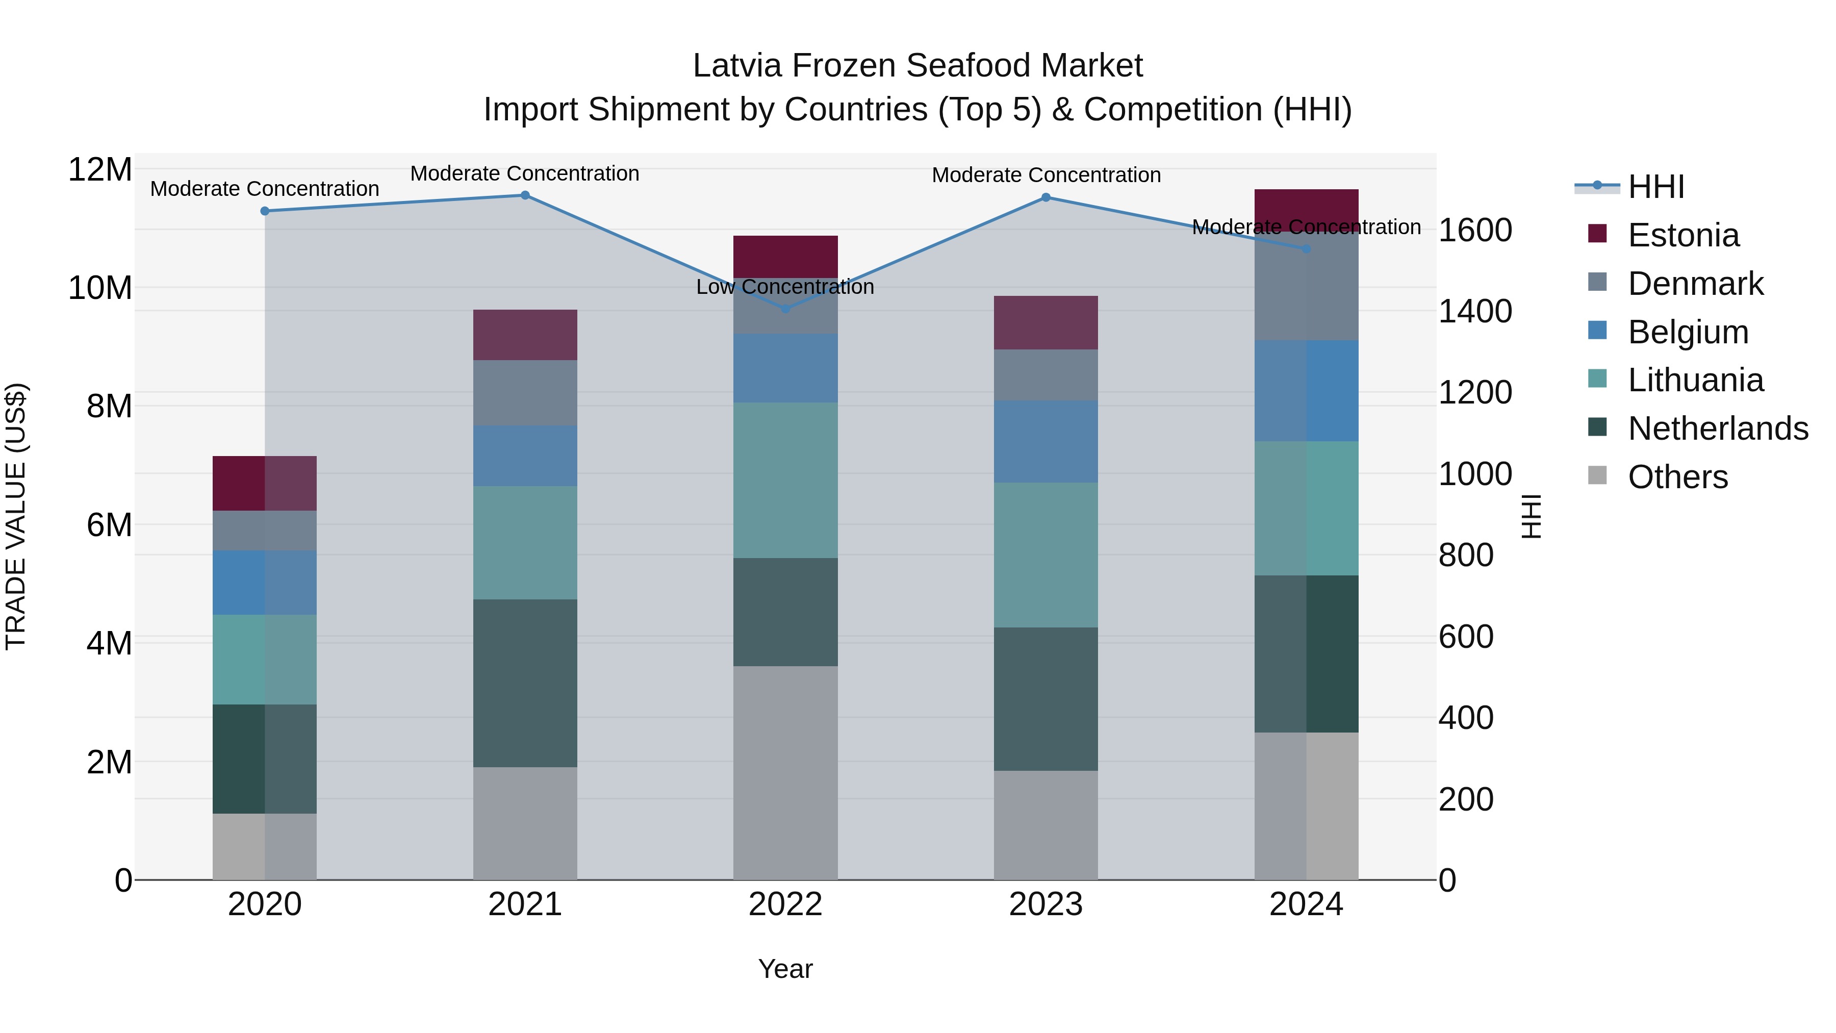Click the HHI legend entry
coord(1655,187)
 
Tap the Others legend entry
coord(1677,477)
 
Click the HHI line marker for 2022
coord(785,309)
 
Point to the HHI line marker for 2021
coord(525,195)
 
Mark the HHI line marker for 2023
coord(1045,197)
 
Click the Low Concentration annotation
coord(785,287)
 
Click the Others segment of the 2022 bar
coord(785,773)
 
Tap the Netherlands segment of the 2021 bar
coord(525,683)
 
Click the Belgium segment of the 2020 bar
coord(264,583)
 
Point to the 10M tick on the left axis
coord(100,288)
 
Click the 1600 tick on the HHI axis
coord(1474,230)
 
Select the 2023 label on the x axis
coord(1045,904)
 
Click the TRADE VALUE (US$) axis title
coord(16,516)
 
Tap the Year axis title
coord(785,969)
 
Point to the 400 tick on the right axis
coord(1465,718)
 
